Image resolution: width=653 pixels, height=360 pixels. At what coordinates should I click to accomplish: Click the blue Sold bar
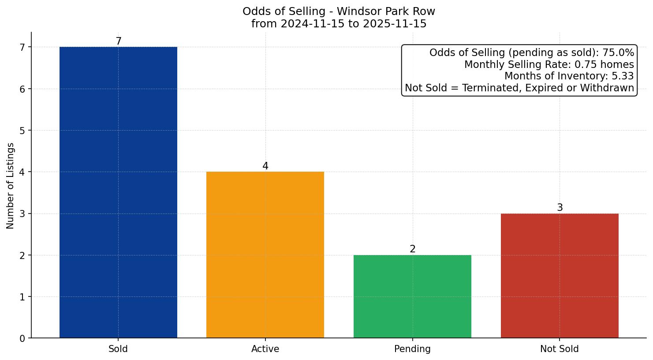click(118, 192)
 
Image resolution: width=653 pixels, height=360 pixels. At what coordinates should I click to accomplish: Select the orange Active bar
click(265, 255)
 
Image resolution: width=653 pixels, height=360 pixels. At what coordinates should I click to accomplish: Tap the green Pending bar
click(412, 296)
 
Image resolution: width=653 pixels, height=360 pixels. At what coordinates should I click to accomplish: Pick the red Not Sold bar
click(560, 276)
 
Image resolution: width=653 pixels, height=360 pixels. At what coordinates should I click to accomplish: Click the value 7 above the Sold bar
click(118, 41)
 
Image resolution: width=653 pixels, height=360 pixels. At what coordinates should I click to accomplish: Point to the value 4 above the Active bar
click(265, 166)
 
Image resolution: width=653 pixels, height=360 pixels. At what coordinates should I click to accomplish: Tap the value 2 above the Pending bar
click(412, 249)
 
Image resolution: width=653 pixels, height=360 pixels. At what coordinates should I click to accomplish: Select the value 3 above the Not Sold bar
click(560, 208)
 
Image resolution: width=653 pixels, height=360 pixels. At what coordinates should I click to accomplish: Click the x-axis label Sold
click(118, 349)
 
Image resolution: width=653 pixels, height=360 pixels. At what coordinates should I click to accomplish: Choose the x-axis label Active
click(265, 349)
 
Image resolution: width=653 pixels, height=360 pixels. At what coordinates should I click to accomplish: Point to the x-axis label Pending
click(412, 349)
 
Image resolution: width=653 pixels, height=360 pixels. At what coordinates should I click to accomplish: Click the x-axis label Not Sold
click(560, 349)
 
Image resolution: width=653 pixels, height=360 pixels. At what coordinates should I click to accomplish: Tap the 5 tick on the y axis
click(22, 131)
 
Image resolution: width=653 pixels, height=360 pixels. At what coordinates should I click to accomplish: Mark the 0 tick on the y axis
click(22, 338)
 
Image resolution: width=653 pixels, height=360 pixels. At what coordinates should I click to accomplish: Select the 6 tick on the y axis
click(22, 89)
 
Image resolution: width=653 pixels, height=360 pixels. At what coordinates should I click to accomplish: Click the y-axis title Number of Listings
click(11, 185)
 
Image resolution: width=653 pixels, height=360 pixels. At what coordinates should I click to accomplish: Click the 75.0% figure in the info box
click(618, 53)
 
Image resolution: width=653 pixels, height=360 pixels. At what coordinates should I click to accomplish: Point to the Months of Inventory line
click(569, 76)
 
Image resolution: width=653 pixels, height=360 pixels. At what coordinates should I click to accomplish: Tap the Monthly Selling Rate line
click(549, 65)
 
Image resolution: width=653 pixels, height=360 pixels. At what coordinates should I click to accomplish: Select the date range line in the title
click(339, 24)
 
